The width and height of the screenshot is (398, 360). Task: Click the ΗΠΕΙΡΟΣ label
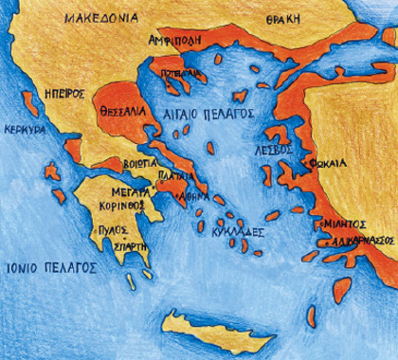(65, 95)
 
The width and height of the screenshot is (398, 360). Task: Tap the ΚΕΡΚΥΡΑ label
(25, 129)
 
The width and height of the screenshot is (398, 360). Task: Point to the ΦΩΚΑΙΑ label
(327, 162)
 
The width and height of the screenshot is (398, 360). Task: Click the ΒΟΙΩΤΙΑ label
(136, 162)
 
